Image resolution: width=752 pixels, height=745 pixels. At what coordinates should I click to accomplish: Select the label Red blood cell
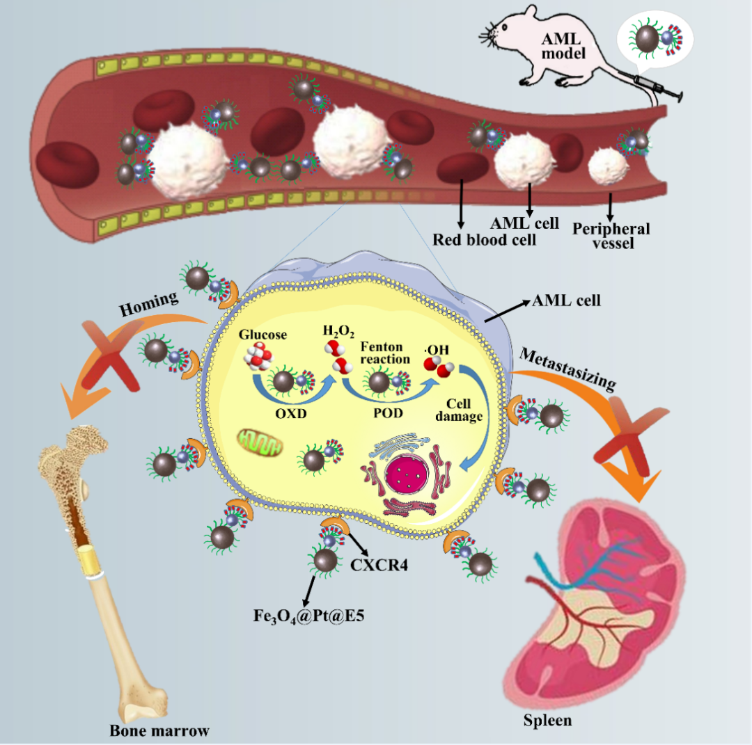pyautogui.click(x=485, y=240)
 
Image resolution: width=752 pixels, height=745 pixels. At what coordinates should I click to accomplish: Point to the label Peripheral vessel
pyautogui.click(x=611, y=237)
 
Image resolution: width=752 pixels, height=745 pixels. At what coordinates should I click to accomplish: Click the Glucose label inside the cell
pyautogui.click(x=263, y=335)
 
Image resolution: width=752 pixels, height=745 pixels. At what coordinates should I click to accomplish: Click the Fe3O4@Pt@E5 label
pyautogui.click(x=302, y=615)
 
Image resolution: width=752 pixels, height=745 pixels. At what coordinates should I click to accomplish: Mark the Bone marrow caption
pyautogui.click(x=159, y=730)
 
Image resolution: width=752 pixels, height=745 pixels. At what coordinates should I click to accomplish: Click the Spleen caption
pyautogui.click(x=547, y=720)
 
